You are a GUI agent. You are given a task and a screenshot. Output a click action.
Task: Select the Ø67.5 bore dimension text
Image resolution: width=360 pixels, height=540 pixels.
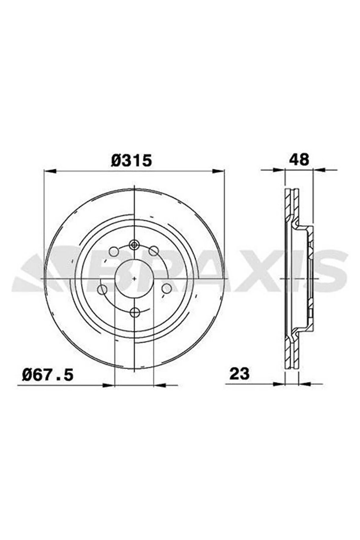(x=48, y=374)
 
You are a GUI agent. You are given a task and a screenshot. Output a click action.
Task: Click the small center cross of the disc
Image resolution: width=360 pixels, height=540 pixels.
(x=135, y=278)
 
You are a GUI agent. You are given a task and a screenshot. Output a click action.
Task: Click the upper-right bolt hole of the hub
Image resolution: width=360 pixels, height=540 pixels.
(x=153, y=251)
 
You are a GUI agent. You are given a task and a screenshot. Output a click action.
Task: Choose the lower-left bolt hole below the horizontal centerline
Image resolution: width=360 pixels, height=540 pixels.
(x=102, y=289)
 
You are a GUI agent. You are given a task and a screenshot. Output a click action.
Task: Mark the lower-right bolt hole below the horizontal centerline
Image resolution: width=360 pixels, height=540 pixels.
(x=166, y=288)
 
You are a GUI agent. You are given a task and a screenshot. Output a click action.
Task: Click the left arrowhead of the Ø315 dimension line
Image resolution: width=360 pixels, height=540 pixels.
(x=51, y=171)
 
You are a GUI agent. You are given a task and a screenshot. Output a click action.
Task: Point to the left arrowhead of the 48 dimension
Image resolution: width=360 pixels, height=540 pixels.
(x=278, y=170)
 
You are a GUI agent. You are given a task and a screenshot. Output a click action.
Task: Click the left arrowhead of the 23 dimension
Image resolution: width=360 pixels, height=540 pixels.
(x=278, y=384)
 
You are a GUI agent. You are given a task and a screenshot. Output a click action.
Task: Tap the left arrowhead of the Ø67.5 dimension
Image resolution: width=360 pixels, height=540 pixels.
(x=108, y=385)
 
